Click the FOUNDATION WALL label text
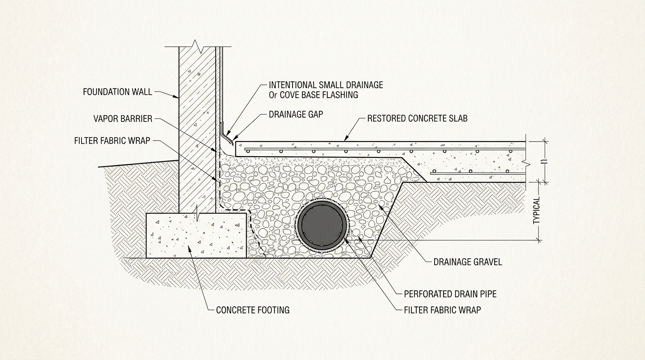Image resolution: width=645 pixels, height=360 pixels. pyautogui.click(x=117, y=92)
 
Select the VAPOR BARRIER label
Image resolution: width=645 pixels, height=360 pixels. pyautogui.click(x=123, y=119)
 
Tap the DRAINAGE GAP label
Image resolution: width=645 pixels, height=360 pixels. pyautogui.click(x=295, y=114)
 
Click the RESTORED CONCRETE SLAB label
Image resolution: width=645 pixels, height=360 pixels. pyautogui.click(x=417, y=119)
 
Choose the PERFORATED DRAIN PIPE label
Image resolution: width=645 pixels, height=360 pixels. pyautogui.click(x=450, y=294)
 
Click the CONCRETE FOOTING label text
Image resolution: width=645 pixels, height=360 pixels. pyautogui.click(x=253, y=310)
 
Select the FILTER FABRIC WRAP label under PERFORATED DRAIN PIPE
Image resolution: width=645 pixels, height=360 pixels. pyautogui.click(x=442, y=310)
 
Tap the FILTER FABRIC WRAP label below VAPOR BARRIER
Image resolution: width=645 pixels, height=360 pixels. pyautogui.click(x=112, y=141)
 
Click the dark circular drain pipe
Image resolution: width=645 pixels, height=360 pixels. pyautogui.click(x=323, y=224)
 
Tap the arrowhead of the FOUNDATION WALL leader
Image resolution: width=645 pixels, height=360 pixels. pyautogui.click(x=178, y=97)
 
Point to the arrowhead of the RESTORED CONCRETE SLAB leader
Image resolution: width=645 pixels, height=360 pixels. pyautogui.click(x=346, y=140)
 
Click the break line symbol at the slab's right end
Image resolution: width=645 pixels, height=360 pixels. pyautogui.click(x=527, y=164)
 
